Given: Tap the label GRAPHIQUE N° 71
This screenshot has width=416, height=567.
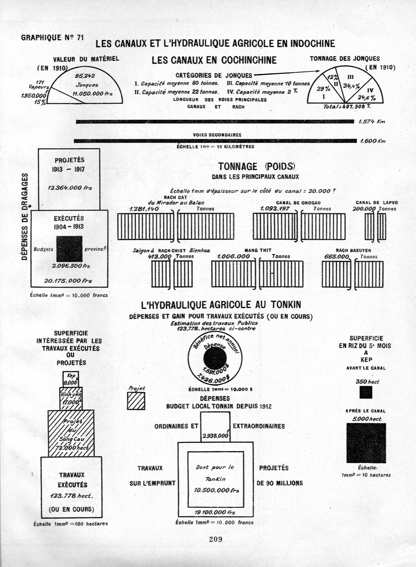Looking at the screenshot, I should pos(52,38).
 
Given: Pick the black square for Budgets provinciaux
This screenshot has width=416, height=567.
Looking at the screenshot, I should pos(69,249).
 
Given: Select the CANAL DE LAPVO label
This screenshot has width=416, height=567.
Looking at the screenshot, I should pos(377,203).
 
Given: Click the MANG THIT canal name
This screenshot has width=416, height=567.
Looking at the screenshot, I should pos(258,250).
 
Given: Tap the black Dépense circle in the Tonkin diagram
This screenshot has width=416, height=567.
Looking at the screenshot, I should pos(215,358).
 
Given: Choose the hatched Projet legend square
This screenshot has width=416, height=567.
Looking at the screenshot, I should pos(136,401).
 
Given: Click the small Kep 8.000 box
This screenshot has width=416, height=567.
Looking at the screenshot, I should pos(71,379).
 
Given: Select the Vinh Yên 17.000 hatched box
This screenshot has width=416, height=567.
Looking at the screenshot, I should pos(71,398).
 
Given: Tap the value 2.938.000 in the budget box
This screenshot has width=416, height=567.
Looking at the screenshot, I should pos(215,436).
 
